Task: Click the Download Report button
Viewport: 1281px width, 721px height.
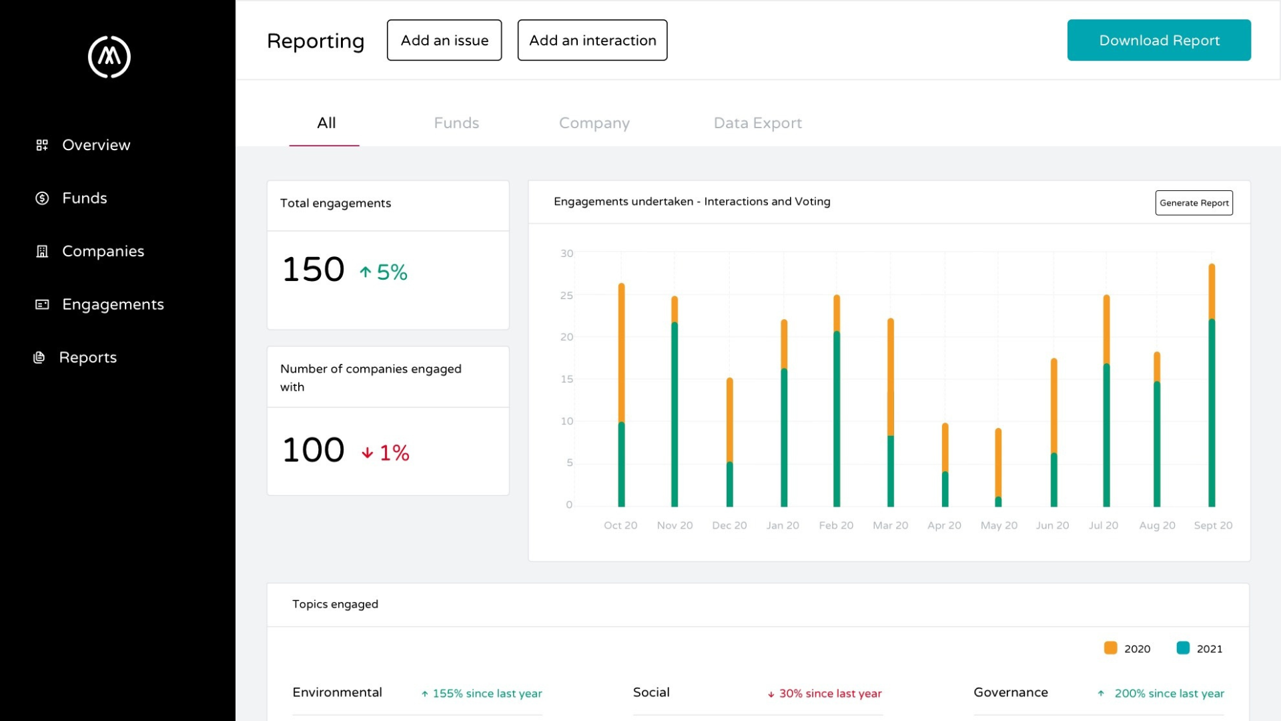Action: pos(1159,40)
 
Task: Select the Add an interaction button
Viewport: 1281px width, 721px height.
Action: pos(592,40)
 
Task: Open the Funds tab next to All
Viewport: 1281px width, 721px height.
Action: pos(456,123)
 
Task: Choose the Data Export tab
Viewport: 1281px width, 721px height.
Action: pos(757,123)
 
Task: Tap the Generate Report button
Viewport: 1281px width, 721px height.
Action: pos(1194,203)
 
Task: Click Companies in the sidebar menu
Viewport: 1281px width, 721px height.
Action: pos(103,251)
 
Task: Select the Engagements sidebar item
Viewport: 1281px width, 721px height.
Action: pos(112,304)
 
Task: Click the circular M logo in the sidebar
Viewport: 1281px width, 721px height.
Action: pos(109,57)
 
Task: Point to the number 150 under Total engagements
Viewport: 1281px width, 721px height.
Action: pos(313,270)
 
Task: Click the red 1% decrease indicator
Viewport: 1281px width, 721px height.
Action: pos(386,453)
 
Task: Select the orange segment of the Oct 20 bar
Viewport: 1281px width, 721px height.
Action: pos(621,354)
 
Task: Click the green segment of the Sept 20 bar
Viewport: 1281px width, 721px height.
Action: pos(1212,414)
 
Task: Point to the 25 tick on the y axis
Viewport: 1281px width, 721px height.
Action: pos(566,295)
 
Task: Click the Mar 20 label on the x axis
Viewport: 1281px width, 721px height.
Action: pos(890,525)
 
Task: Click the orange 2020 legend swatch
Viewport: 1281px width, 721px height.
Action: pos(1110,648)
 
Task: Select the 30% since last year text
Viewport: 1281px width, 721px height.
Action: pos(830,694)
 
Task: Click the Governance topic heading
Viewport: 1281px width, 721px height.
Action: pos(1010,692)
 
